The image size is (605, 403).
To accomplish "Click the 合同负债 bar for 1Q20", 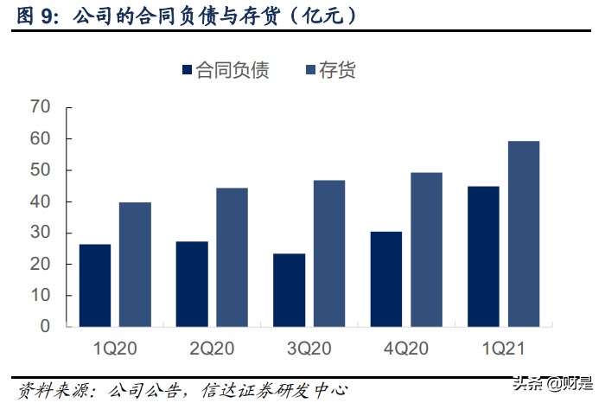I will (95, 285).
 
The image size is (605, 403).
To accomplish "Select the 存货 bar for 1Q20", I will (135, 265).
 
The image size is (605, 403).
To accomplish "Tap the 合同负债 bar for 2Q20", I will (192, 284).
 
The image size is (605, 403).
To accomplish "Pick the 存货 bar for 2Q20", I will (232, 258).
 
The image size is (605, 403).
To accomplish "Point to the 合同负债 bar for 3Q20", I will (289, 290).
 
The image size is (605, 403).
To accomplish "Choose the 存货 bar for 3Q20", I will (328, 253).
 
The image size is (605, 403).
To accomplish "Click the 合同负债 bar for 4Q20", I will (385, 279).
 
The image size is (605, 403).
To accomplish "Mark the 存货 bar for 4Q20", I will (426, 250).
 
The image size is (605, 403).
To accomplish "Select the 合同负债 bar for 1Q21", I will (483, 257).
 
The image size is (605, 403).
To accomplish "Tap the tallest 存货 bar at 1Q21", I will (523, 233).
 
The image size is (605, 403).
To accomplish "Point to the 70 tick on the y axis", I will (40, 107).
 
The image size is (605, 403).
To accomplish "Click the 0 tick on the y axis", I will (45, 327).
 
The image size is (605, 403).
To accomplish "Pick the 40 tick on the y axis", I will (40, 201).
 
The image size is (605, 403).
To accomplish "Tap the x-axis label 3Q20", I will (309, 349).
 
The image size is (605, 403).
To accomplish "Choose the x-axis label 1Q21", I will (503, 349).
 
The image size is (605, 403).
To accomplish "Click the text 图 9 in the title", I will (32, 16).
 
